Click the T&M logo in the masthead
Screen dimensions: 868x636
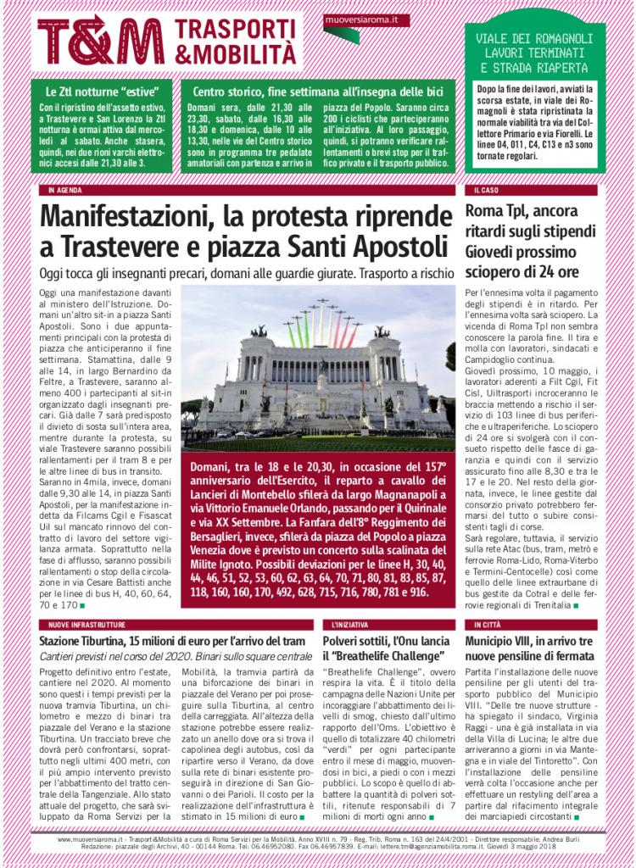[101, 41]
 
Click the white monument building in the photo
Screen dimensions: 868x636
[319, 381]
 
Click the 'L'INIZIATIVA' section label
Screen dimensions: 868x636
[344, 624]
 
